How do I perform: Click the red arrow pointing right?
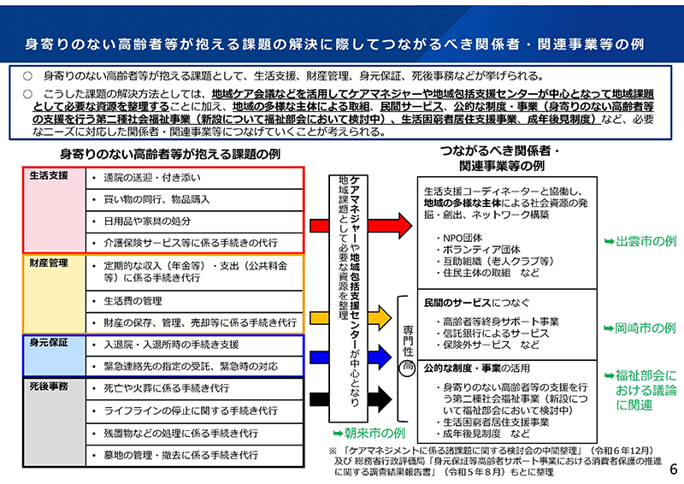388,224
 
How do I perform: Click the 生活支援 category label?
49,176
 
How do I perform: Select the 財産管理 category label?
49,263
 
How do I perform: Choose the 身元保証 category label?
49,342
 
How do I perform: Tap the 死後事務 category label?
49,387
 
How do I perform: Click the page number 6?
672,469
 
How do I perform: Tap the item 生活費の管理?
133,301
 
